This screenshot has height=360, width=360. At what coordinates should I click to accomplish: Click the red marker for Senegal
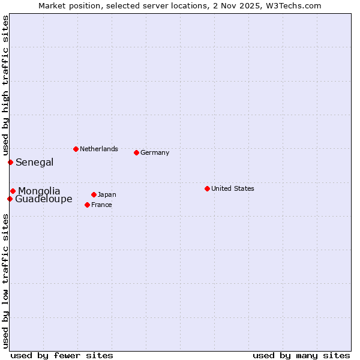tap(10, 162)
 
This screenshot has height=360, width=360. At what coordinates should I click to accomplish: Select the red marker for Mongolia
tap(13, 191)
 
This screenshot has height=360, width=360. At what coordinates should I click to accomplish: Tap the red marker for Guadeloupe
tap(10, 199)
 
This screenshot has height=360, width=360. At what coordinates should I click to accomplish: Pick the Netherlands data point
tap(76, 149)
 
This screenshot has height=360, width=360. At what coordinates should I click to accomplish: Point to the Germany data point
tap(136, 152)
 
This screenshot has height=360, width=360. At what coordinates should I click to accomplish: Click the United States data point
tap(207, 188)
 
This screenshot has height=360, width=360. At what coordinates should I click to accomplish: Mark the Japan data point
tap(94, 194)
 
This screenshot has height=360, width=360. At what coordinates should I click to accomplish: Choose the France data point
tap(88, 205)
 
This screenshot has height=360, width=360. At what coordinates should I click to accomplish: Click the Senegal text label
tap(34, 162)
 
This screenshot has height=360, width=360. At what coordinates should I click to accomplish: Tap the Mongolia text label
tap(39, 191)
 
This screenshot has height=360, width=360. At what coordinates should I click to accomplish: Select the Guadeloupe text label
tap(43, 199)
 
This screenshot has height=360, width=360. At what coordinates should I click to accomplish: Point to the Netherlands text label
tap(98, 149)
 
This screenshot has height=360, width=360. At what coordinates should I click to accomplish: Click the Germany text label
tap(155, 152)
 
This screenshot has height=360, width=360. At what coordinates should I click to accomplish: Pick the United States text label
tap(232, 188)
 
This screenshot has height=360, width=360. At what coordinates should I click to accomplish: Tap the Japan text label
tap(107, 194)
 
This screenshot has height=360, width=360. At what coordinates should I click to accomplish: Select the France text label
tap(101, 205)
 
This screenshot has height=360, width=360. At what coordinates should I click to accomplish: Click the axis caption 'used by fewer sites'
tap(62, 355)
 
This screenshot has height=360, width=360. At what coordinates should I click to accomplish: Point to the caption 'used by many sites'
tap(301, 355)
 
